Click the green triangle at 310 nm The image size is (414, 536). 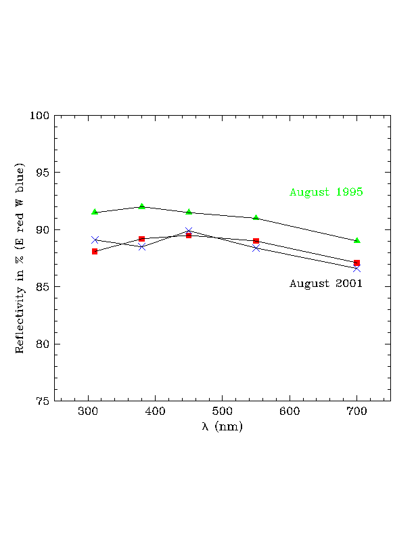click(95, 212)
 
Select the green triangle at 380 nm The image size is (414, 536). click(141, 206)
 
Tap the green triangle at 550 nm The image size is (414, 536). click(256, 217)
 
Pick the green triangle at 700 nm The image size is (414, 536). click(356, 240)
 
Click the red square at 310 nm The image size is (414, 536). click(95, 251)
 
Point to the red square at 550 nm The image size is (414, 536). click(256, 241)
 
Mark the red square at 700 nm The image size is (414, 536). click(356, 263)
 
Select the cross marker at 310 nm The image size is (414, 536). click(95, 240)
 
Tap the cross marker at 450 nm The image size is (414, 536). click(189, 231)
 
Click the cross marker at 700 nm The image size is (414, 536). click(356, 269)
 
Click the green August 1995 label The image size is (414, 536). click(326, 192)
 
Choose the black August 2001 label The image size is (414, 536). click(326, 284)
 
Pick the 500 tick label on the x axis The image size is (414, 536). click(223, 411)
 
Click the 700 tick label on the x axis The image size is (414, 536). click(356, 411)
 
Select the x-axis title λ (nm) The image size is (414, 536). click(222, 427)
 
